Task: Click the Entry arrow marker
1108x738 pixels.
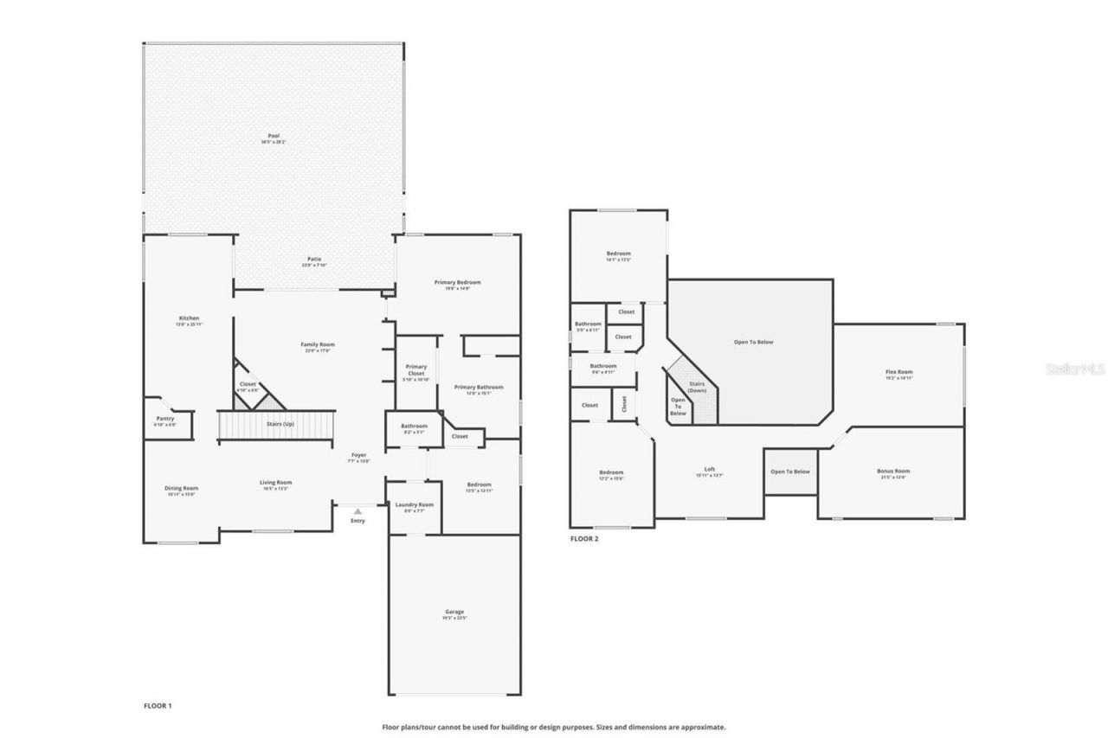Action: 358,512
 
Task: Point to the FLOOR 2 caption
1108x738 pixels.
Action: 584,538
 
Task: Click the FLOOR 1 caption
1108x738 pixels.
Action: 158,706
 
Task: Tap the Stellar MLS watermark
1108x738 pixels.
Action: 1075,369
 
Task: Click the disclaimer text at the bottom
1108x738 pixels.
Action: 554,728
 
